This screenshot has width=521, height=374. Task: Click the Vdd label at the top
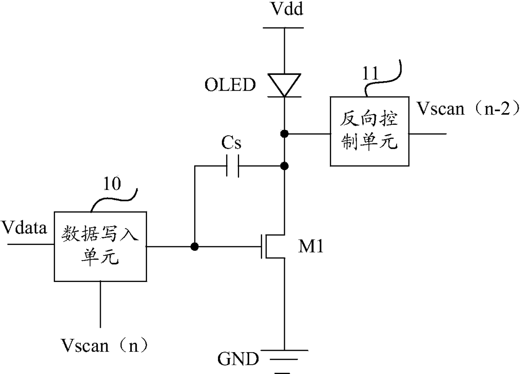(x=287, y=9)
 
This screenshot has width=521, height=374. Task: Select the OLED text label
(x=230, y=84)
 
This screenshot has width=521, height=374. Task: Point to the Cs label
(x=231, y=142)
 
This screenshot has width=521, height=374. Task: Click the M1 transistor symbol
(x=273, y=247)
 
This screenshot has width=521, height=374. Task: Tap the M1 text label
(x=311, y=246)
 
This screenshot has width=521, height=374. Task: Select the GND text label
(x=238, y=359)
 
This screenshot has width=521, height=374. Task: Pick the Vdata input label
(x=24, y=227)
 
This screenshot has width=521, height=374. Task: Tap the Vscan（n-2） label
(x=468, y=108)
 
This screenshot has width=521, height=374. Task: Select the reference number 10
(x=112, y=184)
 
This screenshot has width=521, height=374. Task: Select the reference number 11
(x=370, y=74)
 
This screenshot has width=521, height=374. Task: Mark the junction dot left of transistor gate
(x=195, y=247)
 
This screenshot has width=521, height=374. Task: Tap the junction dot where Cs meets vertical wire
(x=284, y=166)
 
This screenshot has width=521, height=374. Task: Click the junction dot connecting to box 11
(x=284, y=134)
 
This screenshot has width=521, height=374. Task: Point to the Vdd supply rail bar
(x=283, y=28)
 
